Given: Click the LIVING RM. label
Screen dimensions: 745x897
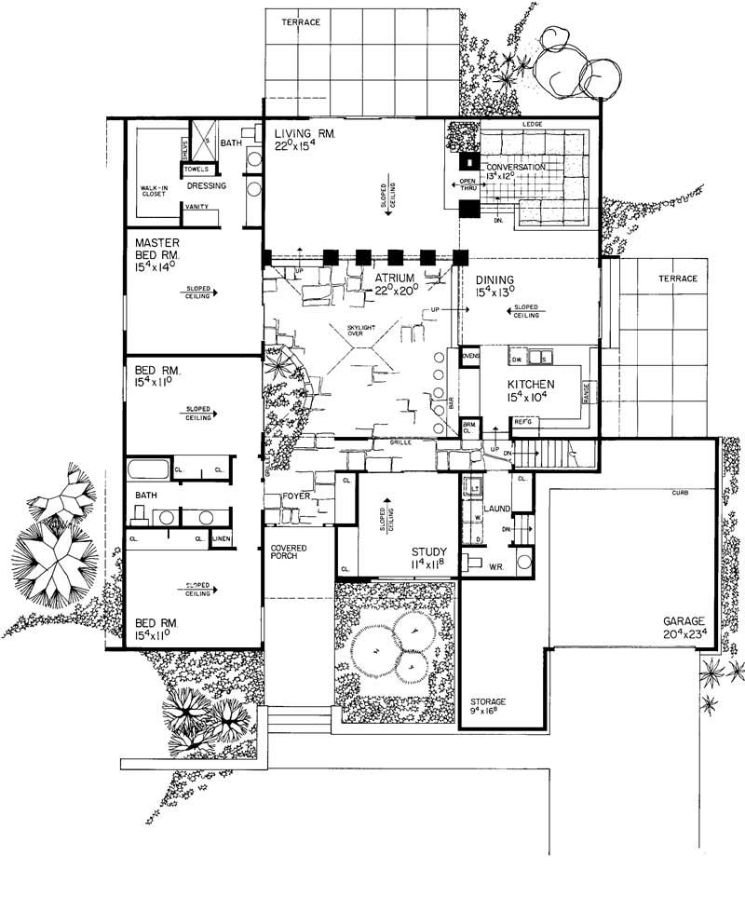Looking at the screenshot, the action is point(305,134).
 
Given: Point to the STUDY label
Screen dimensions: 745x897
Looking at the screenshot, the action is point(429,550).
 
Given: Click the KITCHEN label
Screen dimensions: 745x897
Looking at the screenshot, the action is point(531,384).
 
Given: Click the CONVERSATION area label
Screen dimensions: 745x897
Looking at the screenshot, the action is point(515,169).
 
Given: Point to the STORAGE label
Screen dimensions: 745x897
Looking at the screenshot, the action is point(487,700).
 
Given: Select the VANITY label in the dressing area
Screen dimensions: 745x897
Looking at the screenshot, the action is point(196,207).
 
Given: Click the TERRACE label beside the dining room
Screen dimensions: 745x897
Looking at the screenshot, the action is point(676,279).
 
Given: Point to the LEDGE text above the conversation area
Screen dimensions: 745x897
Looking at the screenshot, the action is point(532,124).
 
